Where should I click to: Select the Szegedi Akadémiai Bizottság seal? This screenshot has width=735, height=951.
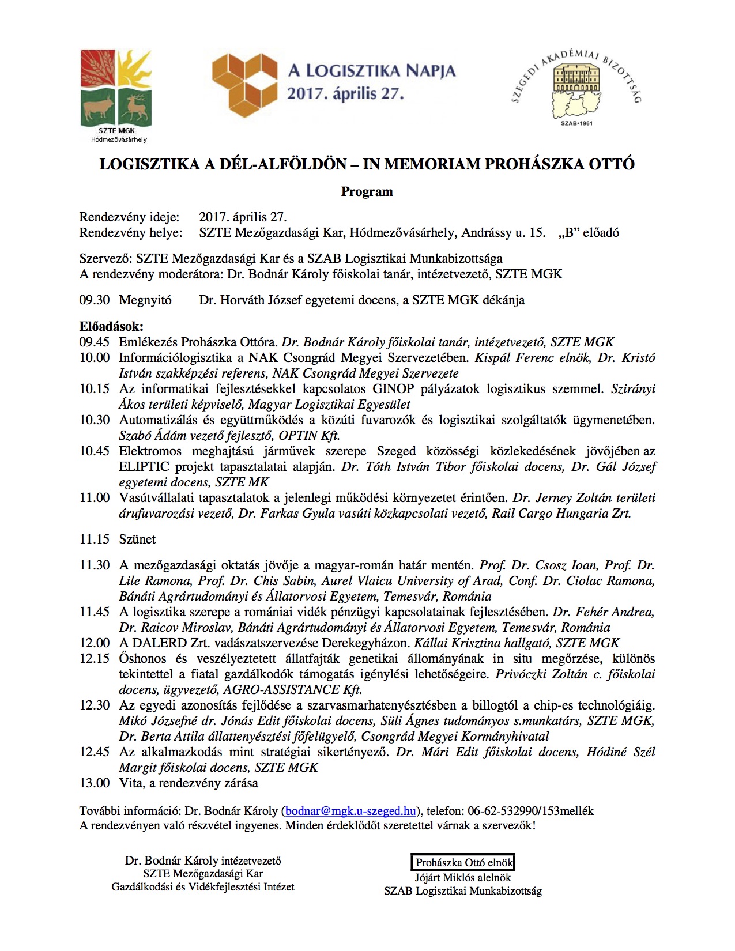coord(576,86)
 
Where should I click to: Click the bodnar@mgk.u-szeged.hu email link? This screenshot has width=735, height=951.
coord(350,811)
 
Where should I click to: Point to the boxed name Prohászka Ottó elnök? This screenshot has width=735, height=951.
coord(463,863)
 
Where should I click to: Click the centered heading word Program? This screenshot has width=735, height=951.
coord(367,192)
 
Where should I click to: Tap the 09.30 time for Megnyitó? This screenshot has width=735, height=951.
coord(95,300)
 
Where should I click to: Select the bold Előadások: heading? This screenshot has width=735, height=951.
coord(111,327)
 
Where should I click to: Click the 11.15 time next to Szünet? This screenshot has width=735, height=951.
coord(95,539)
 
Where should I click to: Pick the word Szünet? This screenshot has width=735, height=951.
coord(137,539)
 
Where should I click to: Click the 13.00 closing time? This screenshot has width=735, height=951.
coord(95,783)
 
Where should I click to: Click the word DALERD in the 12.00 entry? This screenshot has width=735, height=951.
coord(159,643)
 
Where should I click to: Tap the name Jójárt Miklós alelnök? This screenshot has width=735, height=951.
coord(463,878)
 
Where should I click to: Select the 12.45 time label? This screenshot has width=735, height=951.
coord(95,752)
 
